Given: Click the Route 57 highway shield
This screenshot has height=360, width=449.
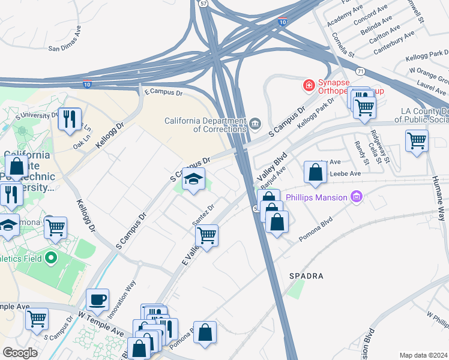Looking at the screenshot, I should click(203, 4).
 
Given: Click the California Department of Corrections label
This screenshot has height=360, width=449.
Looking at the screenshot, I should click(206, 124).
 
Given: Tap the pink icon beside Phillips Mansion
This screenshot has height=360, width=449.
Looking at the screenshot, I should click(357, 196).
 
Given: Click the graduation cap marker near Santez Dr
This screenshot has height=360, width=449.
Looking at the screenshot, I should click(193, 179).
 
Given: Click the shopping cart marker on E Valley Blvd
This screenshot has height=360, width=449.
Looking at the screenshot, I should click(206, 235).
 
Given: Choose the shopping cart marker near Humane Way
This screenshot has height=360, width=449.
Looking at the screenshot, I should click(417, 141).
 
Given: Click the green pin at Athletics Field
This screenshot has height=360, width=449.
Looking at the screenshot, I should click(50, 259).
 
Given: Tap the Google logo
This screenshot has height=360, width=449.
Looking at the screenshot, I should click(20, 353).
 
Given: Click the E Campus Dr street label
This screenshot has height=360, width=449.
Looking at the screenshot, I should click(163, 92).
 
